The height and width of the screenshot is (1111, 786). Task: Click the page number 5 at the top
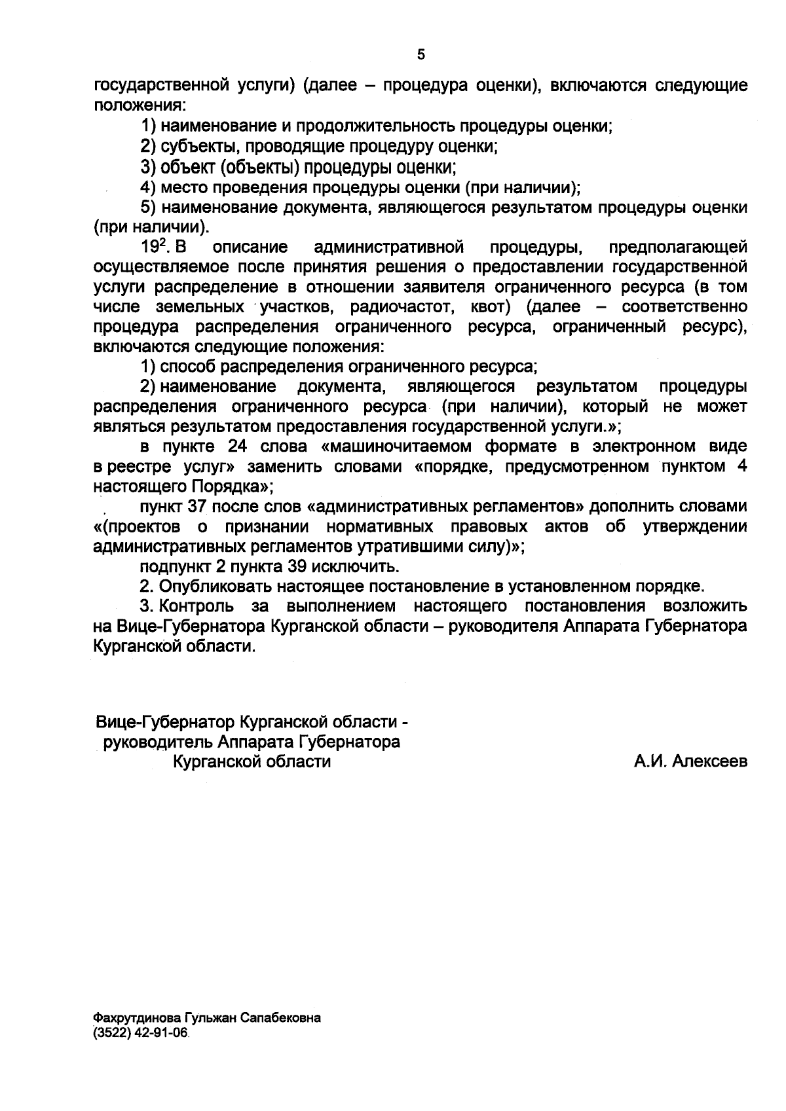pyautogui.click(x=421, y=55)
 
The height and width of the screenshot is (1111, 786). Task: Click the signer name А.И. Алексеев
pyautogui.click(x=690, y=761)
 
